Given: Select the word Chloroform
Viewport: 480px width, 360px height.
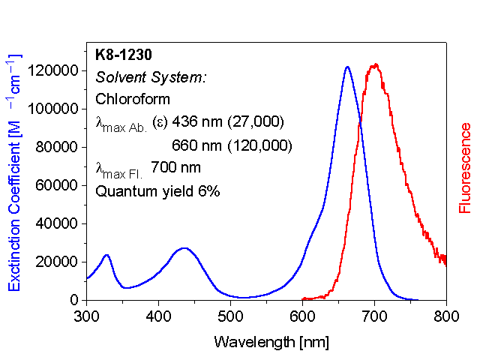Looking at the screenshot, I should (x=133, y=99).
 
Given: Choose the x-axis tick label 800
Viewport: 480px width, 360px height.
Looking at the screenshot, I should (x=446, y=316).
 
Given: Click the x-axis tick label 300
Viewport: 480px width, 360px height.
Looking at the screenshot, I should (x=87, y=316).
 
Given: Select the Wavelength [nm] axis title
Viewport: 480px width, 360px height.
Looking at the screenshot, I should (x=271, y=342).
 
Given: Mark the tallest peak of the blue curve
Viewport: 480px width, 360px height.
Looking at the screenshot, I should (x=347, y=67).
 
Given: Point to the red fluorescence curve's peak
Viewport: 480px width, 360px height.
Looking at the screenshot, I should (x=376, y=65).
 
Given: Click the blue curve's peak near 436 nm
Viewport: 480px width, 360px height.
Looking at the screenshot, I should (x=184, y=247).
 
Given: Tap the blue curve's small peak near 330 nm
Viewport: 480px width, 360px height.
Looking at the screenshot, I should (x=106, y=255).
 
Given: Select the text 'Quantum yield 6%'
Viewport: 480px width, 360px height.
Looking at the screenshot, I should (x=157, y=191).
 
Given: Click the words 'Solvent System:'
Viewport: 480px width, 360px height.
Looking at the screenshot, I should (x=151, y=76).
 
